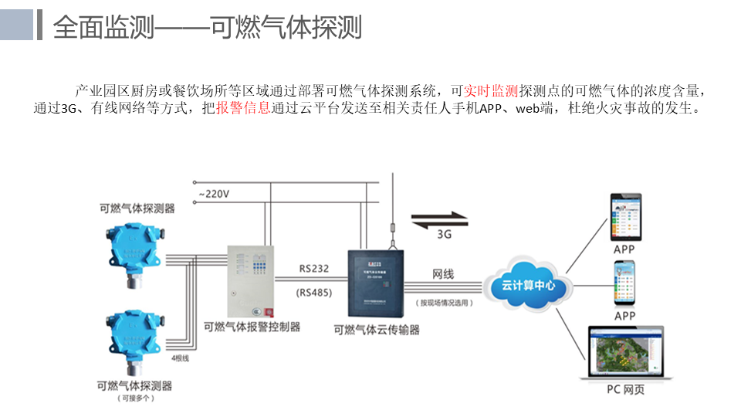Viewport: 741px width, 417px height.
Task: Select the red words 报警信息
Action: click(x=243, y=109)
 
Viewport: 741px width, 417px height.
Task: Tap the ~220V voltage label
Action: click(x=213, y=194)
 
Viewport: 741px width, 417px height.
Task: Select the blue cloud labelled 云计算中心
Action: click(x=529, y=286)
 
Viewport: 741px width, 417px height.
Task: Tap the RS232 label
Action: click(x=314, y=270)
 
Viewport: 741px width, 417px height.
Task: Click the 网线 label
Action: click(x=443, y=274)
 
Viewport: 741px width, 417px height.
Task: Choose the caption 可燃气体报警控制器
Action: click(x=252, y=327)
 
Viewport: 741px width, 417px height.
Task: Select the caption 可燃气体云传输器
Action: click(x=377, y=330)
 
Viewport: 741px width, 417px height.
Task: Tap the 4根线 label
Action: click(x=180, y=358)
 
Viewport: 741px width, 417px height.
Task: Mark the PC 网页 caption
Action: click(x=625, y=389)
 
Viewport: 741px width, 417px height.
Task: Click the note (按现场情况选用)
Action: click(x=445, y=303)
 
